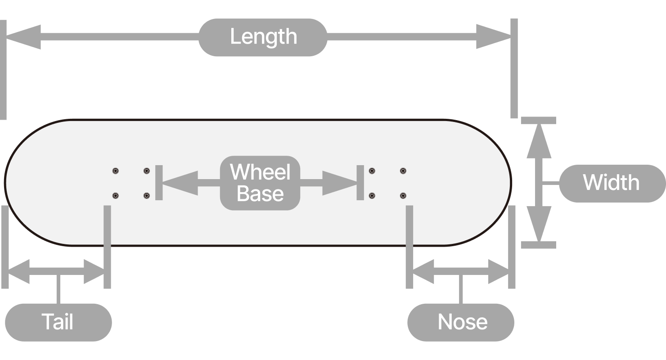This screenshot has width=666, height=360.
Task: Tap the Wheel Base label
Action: [x=260, y=183]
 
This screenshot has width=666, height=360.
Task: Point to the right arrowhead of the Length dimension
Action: [x=494, y=36]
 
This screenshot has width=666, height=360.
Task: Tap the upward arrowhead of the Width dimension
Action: [x=539, y=141]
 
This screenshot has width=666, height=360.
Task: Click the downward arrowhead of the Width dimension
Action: [x=539, y=224]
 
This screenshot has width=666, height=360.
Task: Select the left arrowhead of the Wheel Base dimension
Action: [x=180, y=183]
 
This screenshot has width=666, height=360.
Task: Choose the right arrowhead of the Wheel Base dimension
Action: [x=340, y=183]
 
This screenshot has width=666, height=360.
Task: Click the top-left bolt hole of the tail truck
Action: [x=116, y=171]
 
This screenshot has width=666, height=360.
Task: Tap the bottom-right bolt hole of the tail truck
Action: [x=147, y=196]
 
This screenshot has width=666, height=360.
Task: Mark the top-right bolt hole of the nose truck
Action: [x=403, y=171]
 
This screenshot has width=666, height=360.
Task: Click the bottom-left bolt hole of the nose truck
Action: [x=372, y=196]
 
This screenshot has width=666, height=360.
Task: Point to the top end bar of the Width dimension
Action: [x=539, y=120]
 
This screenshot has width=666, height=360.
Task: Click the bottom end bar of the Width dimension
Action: [x=539, y=245]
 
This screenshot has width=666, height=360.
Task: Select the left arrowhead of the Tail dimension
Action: [x=19, y=271]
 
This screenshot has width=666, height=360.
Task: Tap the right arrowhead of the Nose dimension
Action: [x=498, y=271]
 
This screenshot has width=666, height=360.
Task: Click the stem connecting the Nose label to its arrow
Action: [x=461, y=289]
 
